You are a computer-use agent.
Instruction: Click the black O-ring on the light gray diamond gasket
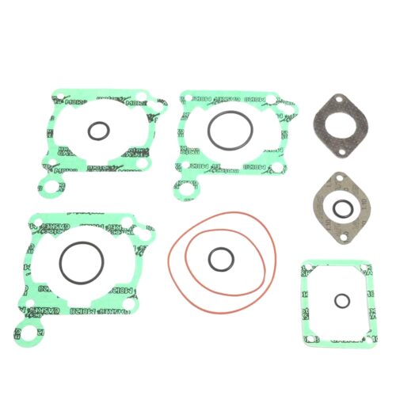click(342, 208)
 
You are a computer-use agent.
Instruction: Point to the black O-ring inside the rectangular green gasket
click(341, 301)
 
